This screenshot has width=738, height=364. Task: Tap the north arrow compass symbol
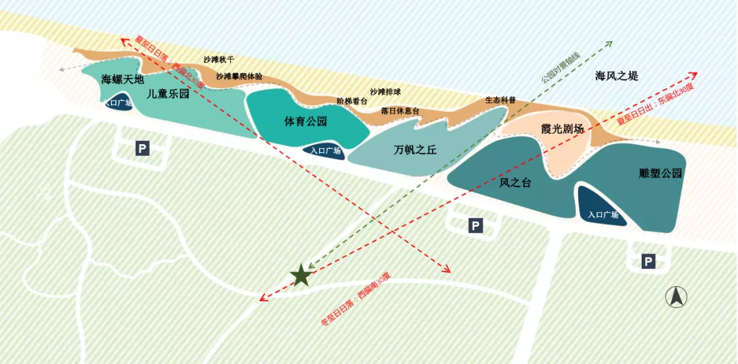pos(676,296)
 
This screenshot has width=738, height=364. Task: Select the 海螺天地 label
pos(123,79)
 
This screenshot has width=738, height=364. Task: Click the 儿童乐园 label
pos(167,94)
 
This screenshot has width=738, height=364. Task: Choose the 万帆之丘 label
pos(415,150)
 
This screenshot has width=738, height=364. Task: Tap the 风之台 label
pos(515,182)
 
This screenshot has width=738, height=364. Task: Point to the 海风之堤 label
pos(616,76)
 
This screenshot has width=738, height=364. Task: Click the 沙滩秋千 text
pos(219,60)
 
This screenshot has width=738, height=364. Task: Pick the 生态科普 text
pos(500,100)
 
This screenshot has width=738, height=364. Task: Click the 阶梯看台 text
pos(352,100)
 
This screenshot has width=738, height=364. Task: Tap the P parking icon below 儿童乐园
pos(142,148)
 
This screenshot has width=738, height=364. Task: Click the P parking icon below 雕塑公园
pos(648,260)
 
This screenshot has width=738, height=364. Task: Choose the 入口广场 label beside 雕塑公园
pos(603,215)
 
